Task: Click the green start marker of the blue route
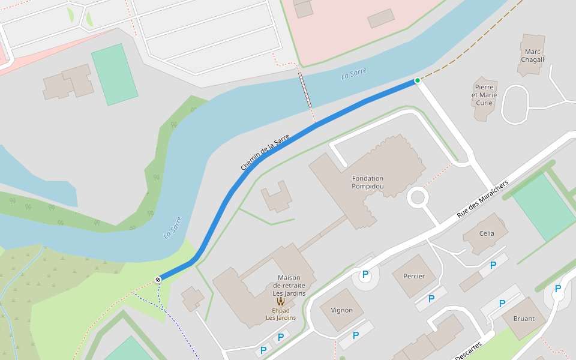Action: click(x=418, y=80)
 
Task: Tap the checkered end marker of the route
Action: click(x=158, y=280)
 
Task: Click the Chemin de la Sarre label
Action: click(x=265, y=152)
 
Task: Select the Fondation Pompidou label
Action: click(x=368, y=182)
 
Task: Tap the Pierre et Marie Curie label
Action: click(x=484, y=95)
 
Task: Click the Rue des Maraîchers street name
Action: click(x=482, y=199)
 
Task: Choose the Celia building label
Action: click(x=487, y=233)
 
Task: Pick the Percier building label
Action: click(x=414, y=276)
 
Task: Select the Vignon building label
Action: click(x=341, y=310)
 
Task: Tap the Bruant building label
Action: click(x=524, y=318)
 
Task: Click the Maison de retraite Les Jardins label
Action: click(x=289, y=286)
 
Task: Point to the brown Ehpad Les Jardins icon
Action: click(x=280, y=301)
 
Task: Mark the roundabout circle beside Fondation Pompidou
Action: click(x=418, y=197)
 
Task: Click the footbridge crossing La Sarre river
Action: click(x=305, y=91)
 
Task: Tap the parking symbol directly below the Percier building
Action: click(x=431, y=299)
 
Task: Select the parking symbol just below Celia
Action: click(x=493, y=265)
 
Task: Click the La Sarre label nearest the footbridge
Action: click(x=353, y=74)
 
